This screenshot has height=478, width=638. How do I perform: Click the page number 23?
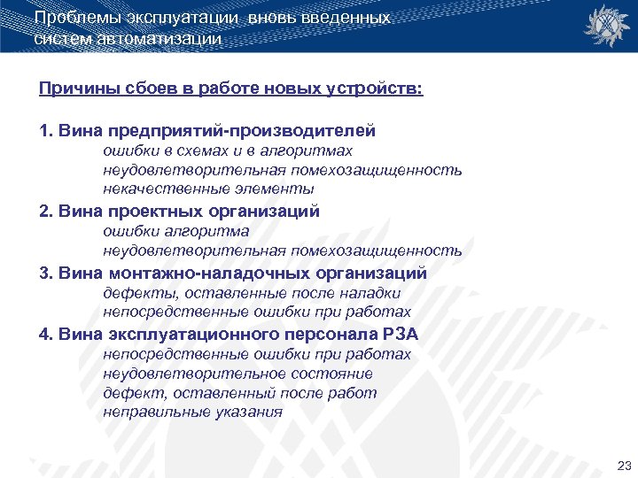pyautogui.click(x=622, y=466)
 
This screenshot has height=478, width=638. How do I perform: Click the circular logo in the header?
pyautogui.click(x=604, y=26)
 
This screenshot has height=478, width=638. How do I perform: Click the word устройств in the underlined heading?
pyautogui.click(x=373, y=89)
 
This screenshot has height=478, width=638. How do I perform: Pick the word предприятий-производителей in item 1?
pyautogui.click(x=242, y=131)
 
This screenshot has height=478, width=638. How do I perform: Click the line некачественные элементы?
pyautogui.click(x=208, y=189)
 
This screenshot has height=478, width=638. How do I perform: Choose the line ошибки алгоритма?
pyautogui.click(x=176, y=231)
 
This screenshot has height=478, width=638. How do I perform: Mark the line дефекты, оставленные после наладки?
pyautogui.click(x=252, y=293)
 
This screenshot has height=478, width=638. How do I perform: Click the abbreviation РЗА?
pyautogui.click(x=400, y=335)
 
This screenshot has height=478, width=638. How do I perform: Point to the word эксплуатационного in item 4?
pyautogui.click(x=194, y=335)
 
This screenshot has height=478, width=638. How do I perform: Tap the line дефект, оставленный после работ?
pyautogui.click(x=239, y=393)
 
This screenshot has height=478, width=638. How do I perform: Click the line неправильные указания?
pyautogui.click(x=192, y=412)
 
